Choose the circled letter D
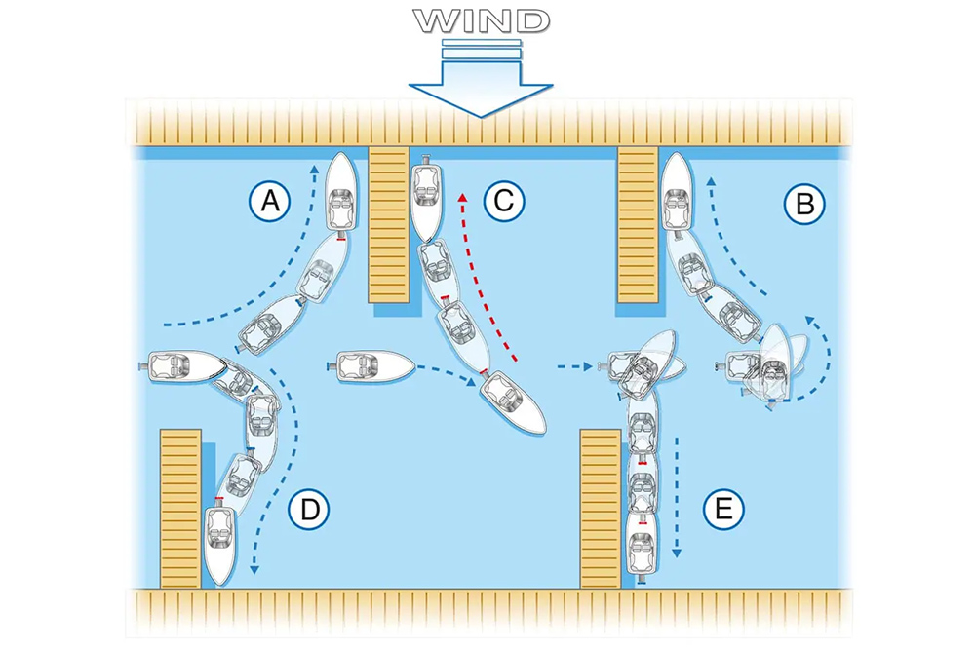309,508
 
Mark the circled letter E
723,508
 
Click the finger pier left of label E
601,507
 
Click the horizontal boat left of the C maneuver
374,368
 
